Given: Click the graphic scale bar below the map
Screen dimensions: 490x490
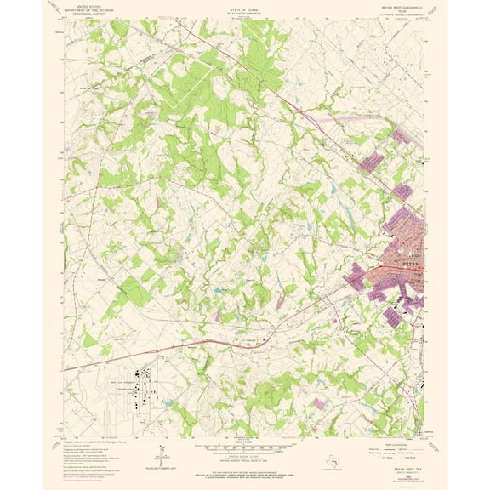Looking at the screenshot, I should pyautogui.click(x=244, y=449).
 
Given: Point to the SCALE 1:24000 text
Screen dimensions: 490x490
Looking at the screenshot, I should pyautogui.click(x=244, y=442).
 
